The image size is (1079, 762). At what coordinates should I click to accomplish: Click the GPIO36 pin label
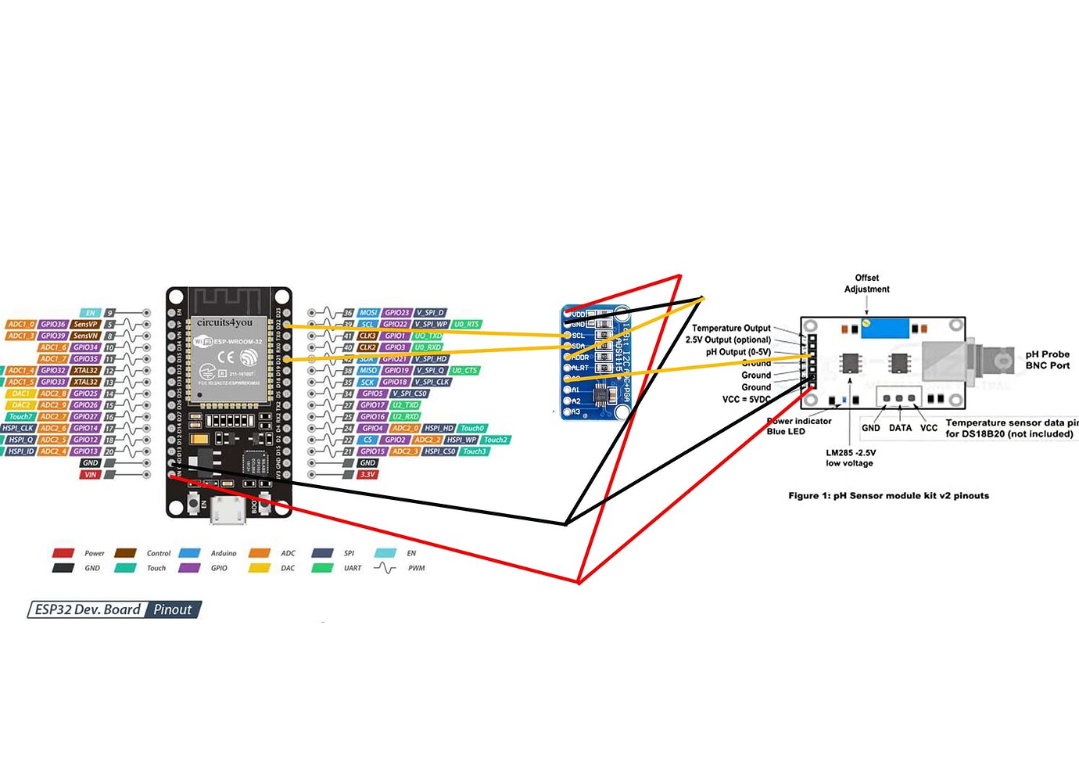tap(53, 324)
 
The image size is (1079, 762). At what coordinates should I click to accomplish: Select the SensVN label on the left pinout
tap(85, 336)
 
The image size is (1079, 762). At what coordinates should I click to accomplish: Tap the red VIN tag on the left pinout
tap(91, 474)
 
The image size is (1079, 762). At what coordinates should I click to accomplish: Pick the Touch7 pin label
tap(20, 416)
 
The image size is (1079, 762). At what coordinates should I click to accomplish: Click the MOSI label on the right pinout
tap(368, 312)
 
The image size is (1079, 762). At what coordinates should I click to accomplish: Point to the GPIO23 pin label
tap(396, 312)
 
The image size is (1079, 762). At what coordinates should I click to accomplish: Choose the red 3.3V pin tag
tap(367, 474)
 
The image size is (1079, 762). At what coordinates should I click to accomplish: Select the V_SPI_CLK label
tap(432, 382)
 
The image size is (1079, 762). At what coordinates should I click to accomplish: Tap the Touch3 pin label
tap(474, 451)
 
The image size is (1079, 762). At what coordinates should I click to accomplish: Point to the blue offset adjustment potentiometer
tap(884, 327)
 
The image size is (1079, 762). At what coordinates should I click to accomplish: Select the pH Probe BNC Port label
tap(1047, 360)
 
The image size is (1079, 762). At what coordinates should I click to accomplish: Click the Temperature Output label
tap(731, 328)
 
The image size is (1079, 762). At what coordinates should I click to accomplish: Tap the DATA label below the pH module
tap(900, 428)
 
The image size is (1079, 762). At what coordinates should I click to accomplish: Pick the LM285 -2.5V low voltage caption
tap(850, 458)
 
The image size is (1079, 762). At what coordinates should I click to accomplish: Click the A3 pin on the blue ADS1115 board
tap(575, 412)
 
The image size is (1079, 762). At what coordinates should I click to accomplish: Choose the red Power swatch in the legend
tap(63, 553)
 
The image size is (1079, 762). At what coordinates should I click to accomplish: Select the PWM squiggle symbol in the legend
tap(385, 568)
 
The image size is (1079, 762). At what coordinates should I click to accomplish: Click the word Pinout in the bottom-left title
tap(172, 609)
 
